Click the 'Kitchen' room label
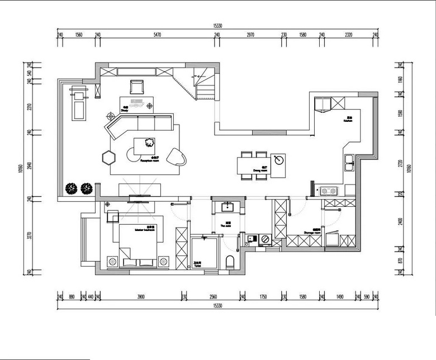(348, 120)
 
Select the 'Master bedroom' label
(145, 229)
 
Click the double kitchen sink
(350, 163)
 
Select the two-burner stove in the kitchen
(329, 191)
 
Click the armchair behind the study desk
(136, 87)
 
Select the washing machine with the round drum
(265, 239)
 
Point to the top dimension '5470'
(157, 35)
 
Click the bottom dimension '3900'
(141, 297)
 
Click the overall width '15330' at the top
(217, 26)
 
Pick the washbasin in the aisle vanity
(228, 207)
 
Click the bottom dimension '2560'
(213, 297)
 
